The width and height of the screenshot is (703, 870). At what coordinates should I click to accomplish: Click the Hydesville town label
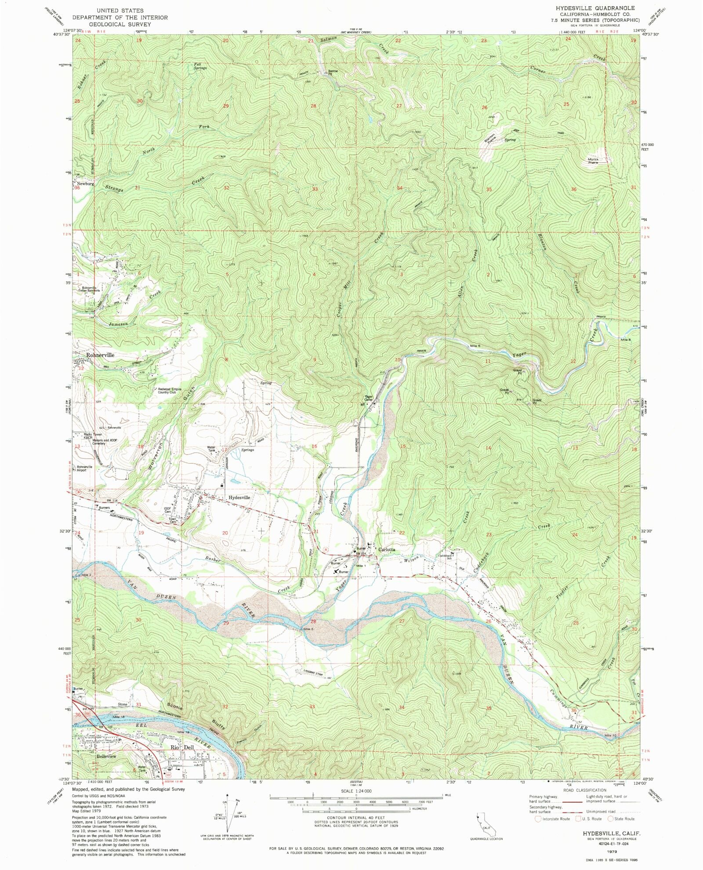pos(239,497)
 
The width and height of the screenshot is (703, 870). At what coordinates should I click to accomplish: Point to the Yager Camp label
pos(368,398)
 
